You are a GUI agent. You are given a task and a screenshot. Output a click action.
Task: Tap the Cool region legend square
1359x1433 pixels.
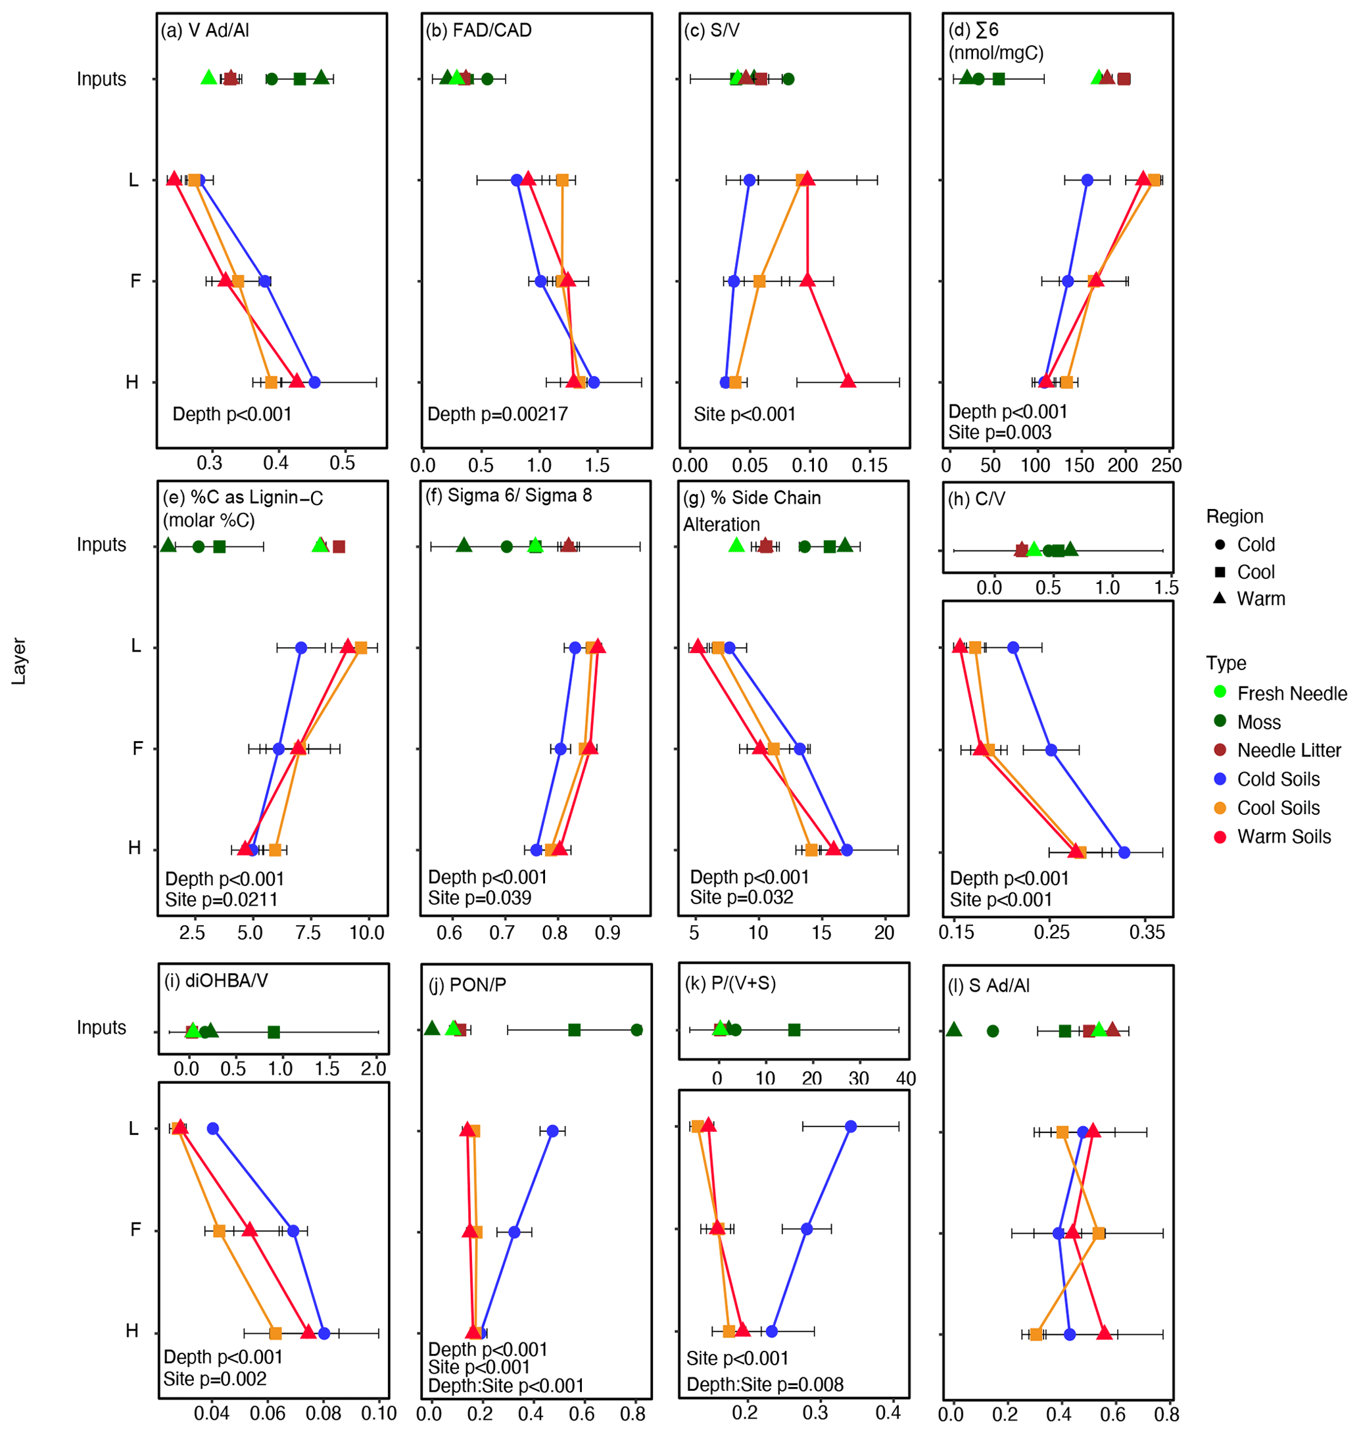point(1220,571)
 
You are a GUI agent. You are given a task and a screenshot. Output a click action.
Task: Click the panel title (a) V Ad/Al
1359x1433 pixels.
point(205,30)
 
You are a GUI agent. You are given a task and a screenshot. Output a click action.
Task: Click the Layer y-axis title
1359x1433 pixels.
point(19,661)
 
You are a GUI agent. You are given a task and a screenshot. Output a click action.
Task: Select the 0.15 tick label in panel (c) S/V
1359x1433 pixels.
point(869,465)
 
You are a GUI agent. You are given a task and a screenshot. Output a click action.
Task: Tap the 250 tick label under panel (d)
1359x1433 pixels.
point(1166,465)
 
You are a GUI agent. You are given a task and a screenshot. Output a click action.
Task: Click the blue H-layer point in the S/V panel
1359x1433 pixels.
point(726,382)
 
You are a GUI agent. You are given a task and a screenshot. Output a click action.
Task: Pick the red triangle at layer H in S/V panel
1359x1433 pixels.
point(847,380)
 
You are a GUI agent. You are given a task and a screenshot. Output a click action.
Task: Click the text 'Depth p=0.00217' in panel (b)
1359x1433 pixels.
point(498,414)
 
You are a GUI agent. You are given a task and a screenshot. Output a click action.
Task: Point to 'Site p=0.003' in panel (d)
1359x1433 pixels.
point(1000,433)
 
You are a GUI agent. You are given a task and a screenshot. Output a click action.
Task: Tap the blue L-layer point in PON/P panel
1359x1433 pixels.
point(553,1131)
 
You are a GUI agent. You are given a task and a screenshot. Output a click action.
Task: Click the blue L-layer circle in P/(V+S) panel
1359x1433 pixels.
point(851,1127)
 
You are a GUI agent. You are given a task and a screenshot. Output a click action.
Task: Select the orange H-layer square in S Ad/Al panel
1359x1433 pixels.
point(1036,1334)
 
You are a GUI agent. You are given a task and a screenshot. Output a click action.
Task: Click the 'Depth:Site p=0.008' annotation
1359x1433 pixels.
point(765,1384)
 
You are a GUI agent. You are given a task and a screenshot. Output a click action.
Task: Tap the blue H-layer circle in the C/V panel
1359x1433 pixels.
point(1124,853)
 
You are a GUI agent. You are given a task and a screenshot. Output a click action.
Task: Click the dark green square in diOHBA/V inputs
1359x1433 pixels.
point(274,1032)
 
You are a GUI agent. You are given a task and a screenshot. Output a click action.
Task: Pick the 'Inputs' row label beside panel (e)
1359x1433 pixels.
point(101,545)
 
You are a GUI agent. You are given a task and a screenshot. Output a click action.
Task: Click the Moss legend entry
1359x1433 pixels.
point(1258,722)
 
